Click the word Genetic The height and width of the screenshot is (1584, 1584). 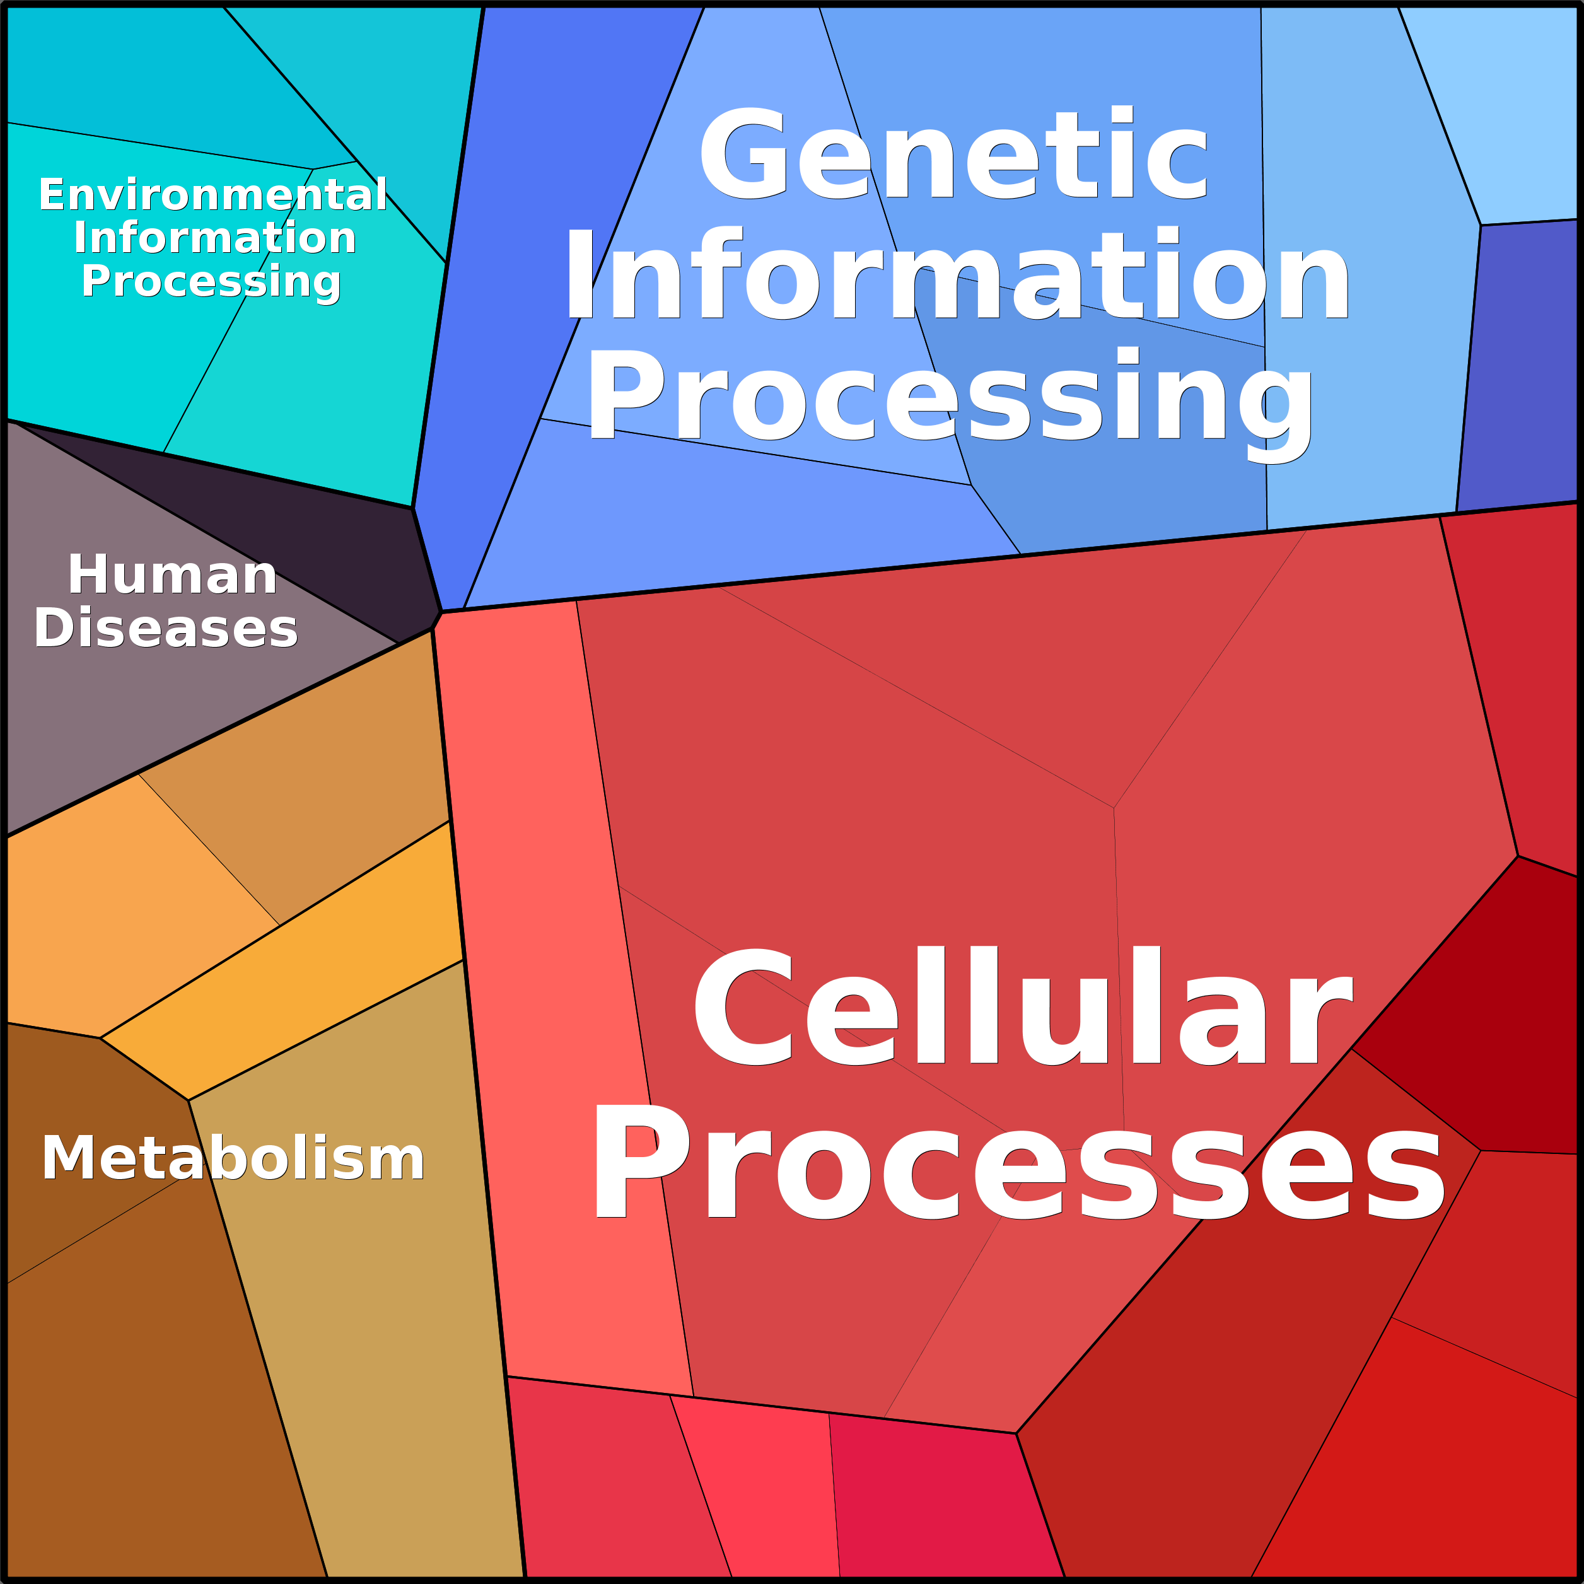(x=953, y=154)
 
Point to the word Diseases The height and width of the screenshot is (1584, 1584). (x=166, y=629)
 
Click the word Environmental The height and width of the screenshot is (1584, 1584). (x=213, y=195)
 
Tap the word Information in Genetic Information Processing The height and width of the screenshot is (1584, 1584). (x=957, y=276)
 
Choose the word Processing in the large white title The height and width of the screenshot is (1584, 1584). (x=951, y=396)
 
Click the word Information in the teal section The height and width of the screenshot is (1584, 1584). (x=215, y=238)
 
